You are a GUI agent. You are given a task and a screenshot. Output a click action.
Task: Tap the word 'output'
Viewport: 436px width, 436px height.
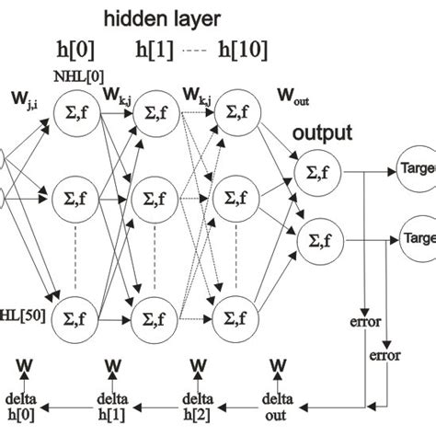322,132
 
